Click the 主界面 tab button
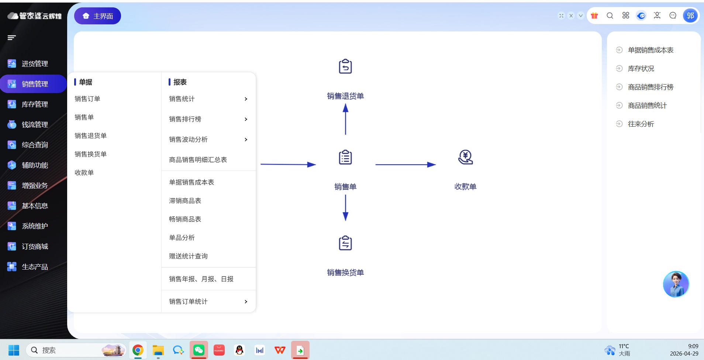(x=97, y=16)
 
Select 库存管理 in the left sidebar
(x=35, y=104)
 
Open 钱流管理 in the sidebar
(x=35, y=125)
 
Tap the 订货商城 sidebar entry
(x=35, y=247)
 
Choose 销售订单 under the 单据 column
(x=87, y=99)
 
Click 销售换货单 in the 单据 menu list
(x=90, y=154)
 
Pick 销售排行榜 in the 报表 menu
(x=185, y=119)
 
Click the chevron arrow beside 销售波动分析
(x=246, y=140)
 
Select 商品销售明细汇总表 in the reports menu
(x=198, y=160)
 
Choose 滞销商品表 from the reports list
(x=185, y=201)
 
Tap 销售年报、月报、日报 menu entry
(x=201, y=279)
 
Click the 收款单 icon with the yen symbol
(x=465, y=157)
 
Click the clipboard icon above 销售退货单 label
(x=345, y=66)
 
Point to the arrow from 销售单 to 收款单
(x=406, y=165)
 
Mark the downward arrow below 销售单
(x=345, y=208)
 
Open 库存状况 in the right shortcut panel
(x=641, y=69)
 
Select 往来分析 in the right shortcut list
(x=641, y=124)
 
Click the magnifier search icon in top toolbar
(x=610, y=16)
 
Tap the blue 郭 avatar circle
(x=690, y=16)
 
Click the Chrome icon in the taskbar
(x=138, y=350)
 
